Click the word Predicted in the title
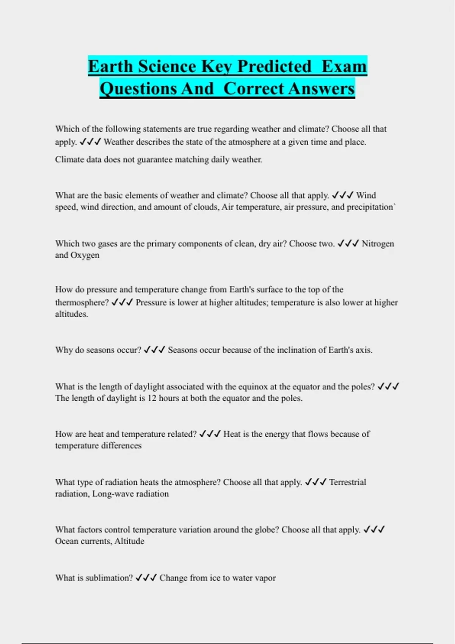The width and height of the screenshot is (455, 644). [x=274, y=66]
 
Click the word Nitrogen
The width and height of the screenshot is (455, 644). [x=378, y=244]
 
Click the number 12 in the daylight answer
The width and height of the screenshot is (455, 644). [x=152, y=399]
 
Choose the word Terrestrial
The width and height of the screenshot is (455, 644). [x=347, y=482]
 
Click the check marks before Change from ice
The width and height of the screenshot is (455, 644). [x=146, y=578]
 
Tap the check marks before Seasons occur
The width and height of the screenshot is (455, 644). [x=154, y=350]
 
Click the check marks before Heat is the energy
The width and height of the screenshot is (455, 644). [x=210, y=434]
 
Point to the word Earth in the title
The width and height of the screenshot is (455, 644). [x=111, y=66]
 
